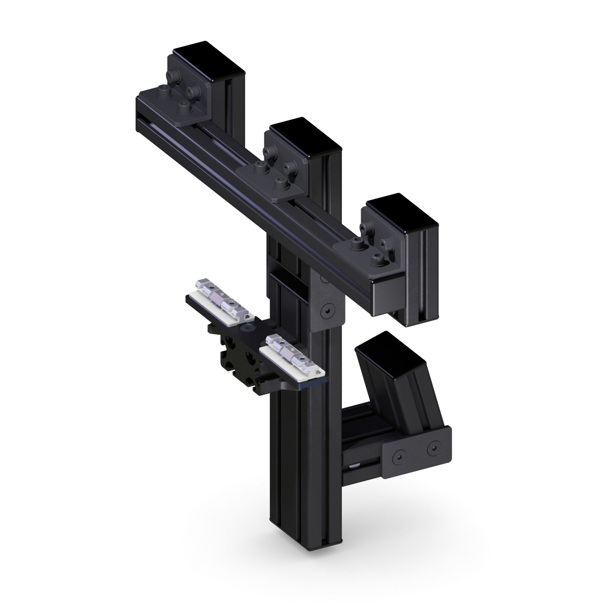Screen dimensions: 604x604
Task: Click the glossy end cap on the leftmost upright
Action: point(209,61)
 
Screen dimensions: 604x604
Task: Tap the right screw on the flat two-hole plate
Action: point(433,449)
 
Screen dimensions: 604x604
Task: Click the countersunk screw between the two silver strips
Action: point(249,329)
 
